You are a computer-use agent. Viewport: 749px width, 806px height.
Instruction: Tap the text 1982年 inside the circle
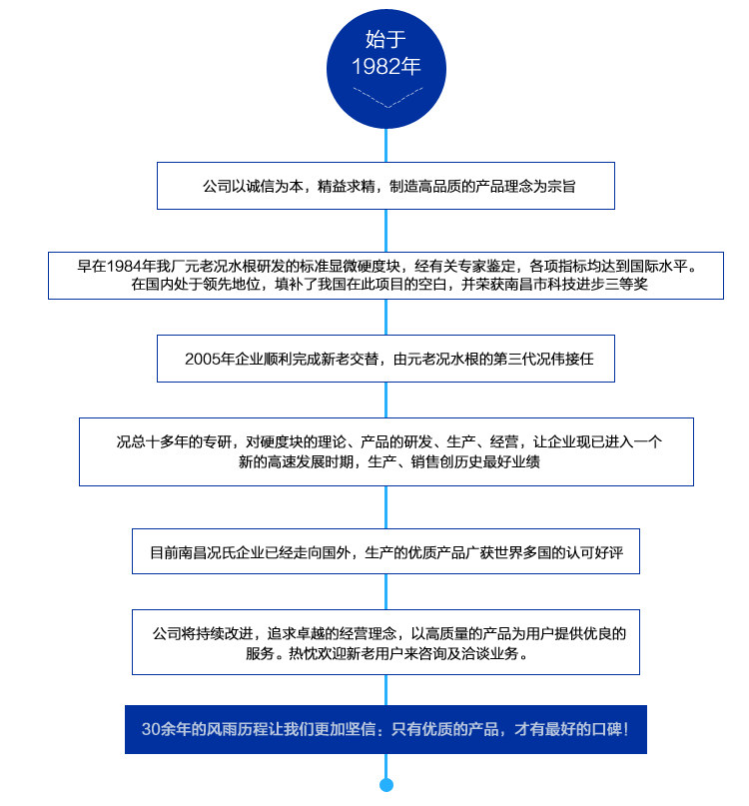pyautogui.click(x=385, y=67)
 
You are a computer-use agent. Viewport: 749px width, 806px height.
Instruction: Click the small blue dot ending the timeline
pyautogui.click(x=386, y=784)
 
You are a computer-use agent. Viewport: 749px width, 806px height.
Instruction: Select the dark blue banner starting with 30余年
pyautogui.click(x=385, y=729)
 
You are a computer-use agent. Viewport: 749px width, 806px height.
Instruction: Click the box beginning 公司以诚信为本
pyautogui.click(x=385, y=187)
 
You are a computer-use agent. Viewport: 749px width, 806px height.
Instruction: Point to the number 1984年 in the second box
pyautogui.click(x=136, y=266)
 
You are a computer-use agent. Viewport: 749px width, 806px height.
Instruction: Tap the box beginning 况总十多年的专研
pyautogui.click(x=385, y=451)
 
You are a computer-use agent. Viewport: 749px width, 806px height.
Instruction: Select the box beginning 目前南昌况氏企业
pyautogui.click(x=385, y=551)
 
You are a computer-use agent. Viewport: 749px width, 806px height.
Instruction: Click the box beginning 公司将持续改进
pyautogui.click(x=385, y=643)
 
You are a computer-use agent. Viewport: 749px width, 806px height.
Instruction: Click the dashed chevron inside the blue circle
pyautogui.click(x=385, y=98)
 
